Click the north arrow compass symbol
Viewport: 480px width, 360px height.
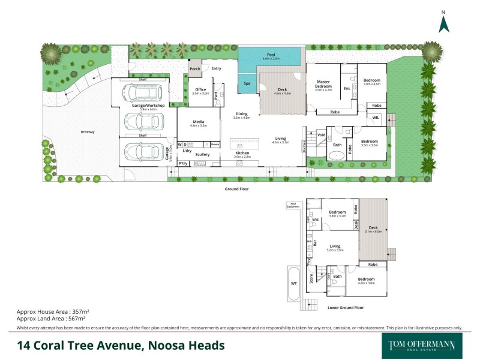443,23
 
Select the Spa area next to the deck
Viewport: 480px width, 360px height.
247,83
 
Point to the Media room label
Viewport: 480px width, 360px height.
198,122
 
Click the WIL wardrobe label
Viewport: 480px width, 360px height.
376,118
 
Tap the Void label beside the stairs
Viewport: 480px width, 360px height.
321,135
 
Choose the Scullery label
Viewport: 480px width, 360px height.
202,155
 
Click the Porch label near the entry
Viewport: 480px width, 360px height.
195,69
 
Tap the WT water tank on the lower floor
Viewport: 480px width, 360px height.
294,283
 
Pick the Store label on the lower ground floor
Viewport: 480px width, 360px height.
311,278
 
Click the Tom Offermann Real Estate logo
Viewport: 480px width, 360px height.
422,346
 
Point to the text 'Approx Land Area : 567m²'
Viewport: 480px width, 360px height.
53,320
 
